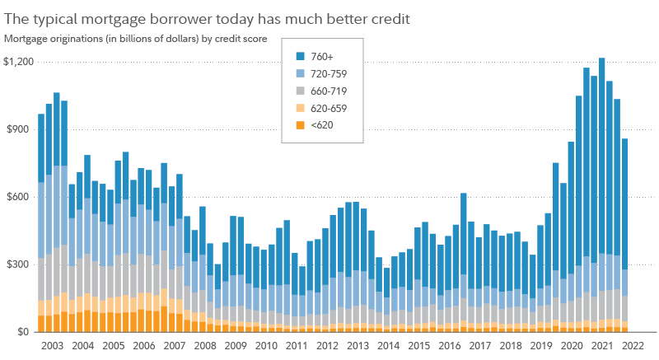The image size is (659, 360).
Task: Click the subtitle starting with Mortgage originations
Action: click(x=135, y=38)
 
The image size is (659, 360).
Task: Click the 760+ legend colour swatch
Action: click(x=302, y=57)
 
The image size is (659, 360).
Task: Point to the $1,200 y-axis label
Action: click(x=19, y=62)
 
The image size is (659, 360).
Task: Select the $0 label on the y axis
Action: click(x=25, y=332)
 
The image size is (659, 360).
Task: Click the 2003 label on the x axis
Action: click(x=52, y=348)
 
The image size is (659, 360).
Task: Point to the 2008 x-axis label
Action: click(x=206, y=348)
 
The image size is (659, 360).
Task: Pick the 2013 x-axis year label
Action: click(x=358, y=348)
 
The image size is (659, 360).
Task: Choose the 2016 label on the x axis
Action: click(x=449, y=348)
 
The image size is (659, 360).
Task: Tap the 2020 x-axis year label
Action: click(x=571, y=348)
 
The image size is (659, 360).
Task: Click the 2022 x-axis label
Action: click(x=632, y=348)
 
